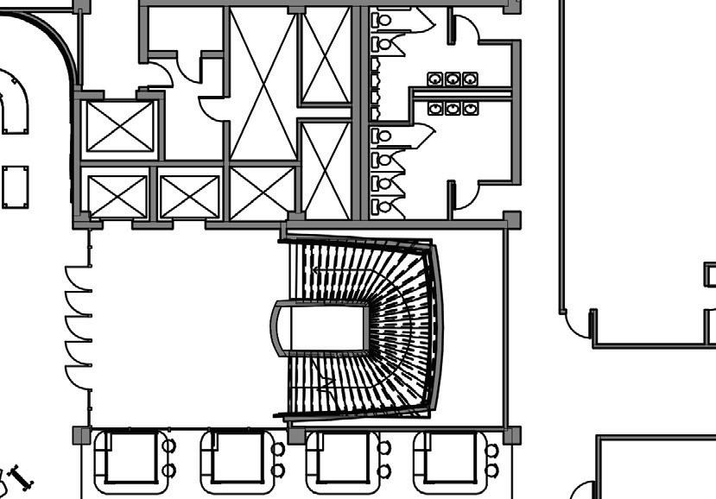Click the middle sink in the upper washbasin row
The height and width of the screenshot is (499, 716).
click(453, 79)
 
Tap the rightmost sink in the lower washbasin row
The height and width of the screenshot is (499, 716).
click(470, 109)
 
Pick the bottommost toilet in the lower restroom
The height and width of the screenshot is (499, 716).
click(383, 207)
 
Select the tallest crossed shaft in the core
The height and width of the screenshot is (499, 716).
click(263, 85)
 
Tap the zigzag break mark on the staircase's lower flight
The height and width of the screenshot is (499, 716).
click(326, 385)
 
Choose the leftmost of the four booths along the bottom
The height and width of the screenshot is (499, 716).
click(130, 459)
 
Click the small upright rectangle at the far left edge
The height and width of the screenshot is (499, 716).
click(15, 187)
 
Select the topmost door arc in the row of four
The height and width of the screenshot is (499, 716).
click(79, 279)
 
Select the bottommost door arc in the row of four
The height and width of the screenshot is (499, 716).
click(79, 377)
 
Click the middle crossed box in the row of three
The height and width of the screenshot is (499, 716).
click(189, 196)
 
